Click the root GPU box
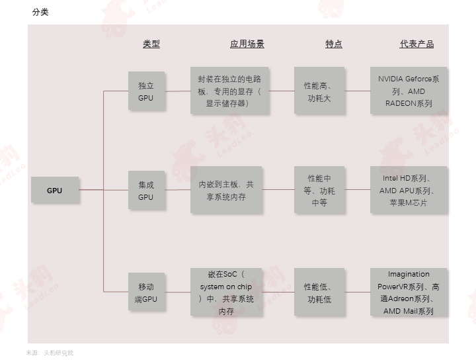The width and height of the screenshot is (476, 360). [x=55, y=190]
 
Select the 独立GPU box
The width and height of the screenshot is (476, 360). [x=146, y=91]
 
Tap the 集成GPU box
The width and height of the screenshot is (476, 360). [x=146, y=190]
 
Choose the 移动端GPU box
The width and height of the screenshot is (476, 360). [x=146, y=292]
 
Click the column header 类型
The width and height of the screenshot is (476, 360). [x=151, y=44]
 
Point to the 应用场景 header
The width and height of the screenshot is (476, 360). [x=247, y=44]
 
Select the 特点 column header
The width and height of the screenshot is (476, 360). [x=334, y=44]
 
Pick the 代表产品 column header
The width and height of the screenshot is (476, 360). [x=416, y=44]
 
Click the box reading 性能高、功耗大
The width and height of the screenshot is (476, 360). [x=319, y=91]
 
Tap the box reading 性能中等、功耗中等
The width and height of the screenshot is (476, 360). [x=319, y=189]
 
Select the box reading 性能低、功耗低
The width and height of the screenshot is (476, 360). [x=319, y=292]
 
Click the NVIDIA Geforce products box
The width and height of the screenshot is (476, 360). [x=409, y=91]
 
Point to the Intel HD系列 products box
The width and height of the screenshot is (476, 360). [x=409, y=189]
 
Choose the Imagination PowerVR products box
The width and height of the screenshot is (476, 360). [x=409, y=292]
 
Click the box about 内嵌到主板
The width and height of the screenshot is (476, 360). [x=226, y=189]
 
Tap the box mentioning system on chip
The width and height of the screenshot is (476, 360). [x=226, y=292]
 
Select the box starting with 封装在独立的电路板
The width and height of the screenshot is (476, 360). [x=229, y=91]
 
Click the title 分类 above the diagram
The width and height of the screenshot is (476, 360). [x=40, y=12]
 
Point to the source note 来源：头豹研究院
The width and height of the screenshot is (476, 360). [x=50, y=353]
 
